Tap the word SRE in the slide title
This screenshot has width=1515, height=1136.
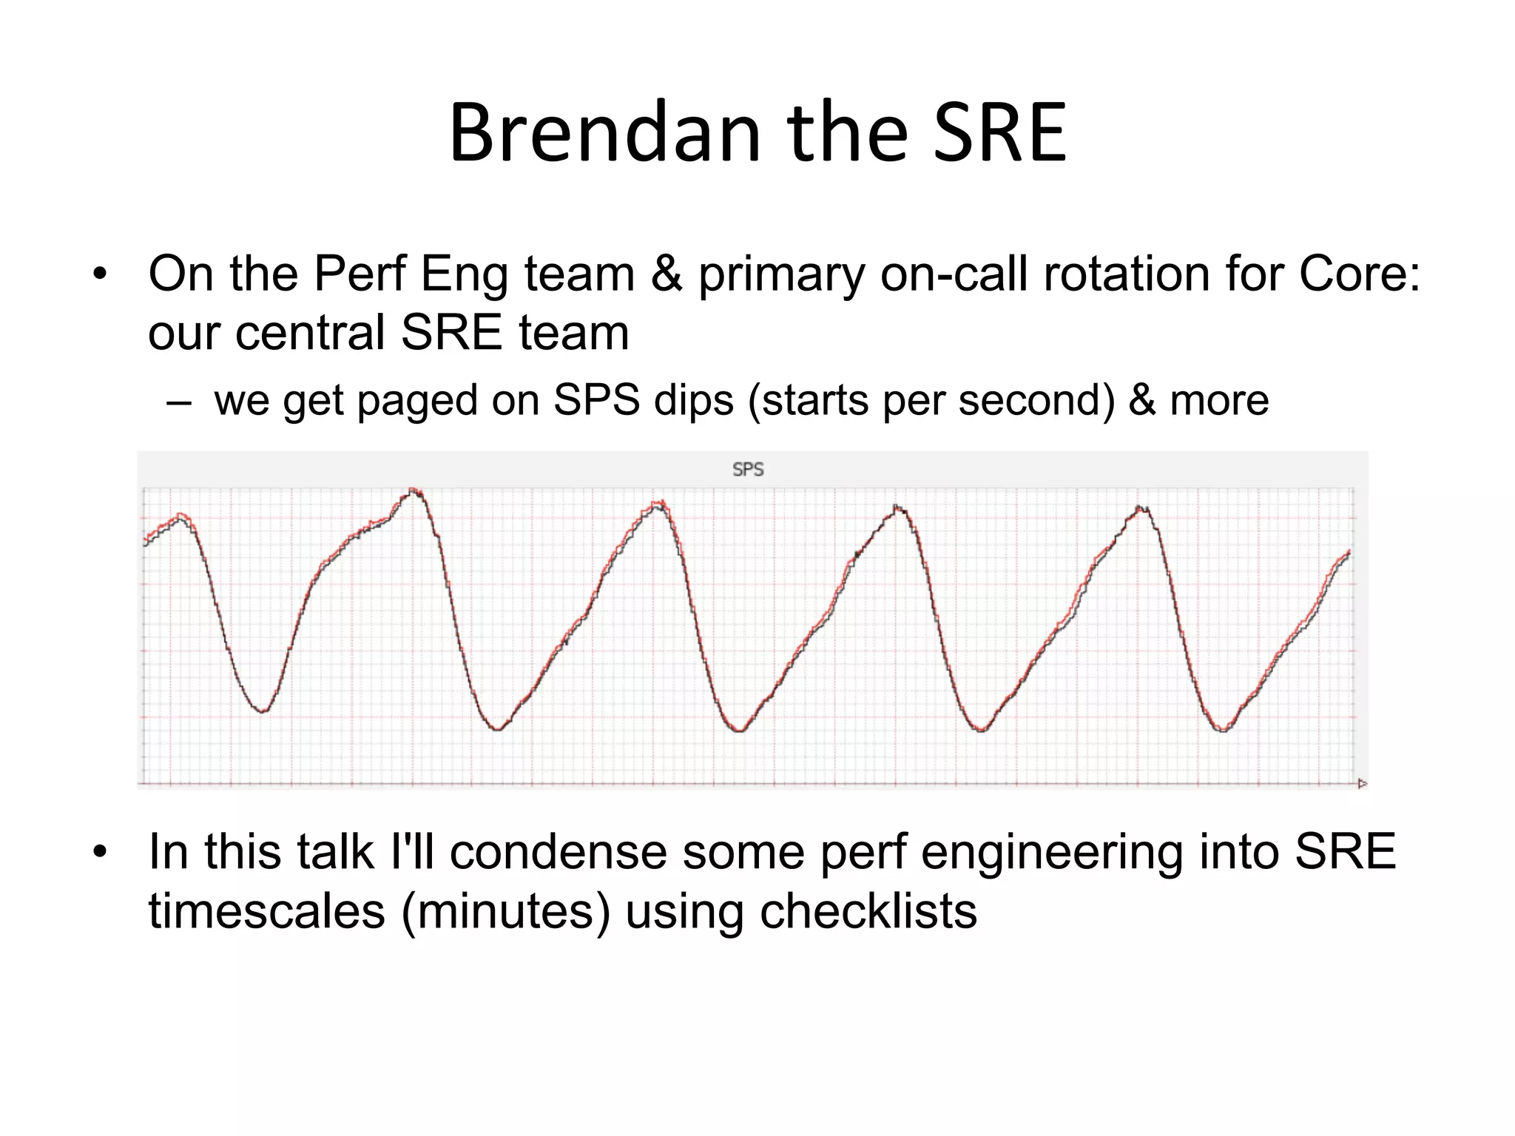tap(999, 133)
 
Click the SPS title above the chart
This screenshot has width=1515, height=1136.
tap(747, 470)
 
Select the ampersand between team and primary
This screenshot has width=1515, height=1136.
tap(667, 274)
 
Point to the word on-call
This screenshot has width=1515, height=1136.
tap(954, 274)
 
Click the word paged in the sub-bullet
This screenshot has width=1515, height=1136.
tap(418, 402)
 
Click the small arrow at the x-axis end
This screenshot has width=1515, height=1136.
tap(1362, 783)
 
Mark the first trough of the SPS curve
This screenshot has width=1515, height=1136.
tap(263, 711)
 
